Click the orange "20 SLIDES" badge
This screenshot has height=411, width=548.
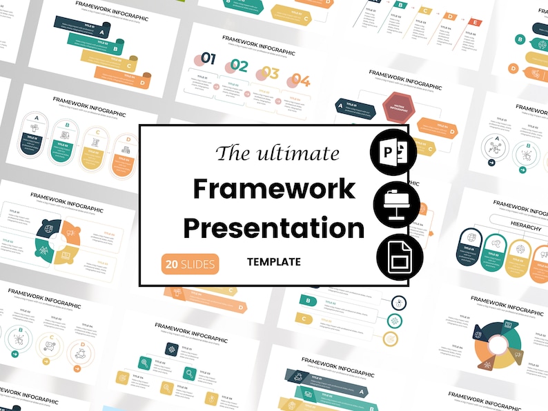coord(190,263)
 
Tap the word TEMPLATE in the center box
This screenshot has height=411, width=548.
coord(274,262)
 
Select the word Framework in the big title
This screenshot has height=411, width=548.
coord(274,188)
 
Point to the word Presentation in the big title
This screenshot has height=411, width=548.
coord(274,227)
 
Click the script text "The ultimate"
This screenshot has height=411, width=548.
coord(277,152)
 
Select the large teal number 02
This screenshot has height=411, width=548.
coord(239,66)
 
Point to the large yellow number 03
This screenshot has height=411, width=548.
coord(270,73)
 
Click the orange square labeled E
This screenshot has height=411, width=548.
coord(473,23)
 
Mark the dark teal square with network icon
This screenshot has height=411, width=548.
coord(171,349)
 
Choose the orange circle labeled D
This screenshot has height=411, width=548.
coord(513,68)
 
